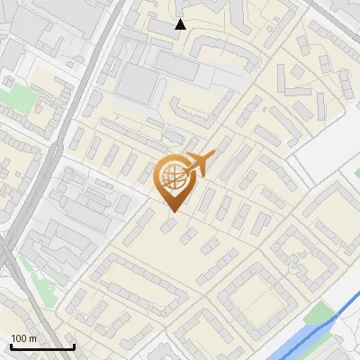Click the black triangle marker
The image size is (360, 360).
point(180,24)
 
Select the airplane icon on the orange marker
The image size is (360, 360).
point(197,165)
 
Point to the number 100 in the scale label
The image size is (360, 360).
point(20,338)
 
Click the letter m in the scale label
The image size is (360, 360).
point(33,338)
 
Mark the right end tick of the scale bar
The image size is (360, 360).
point(74,346)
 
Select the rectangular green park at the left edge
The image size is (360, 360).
point(15,97)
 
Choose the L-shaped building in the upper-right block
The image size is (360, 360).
point(295,87)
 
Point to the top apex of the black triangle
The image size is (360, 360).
point(180,19)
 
